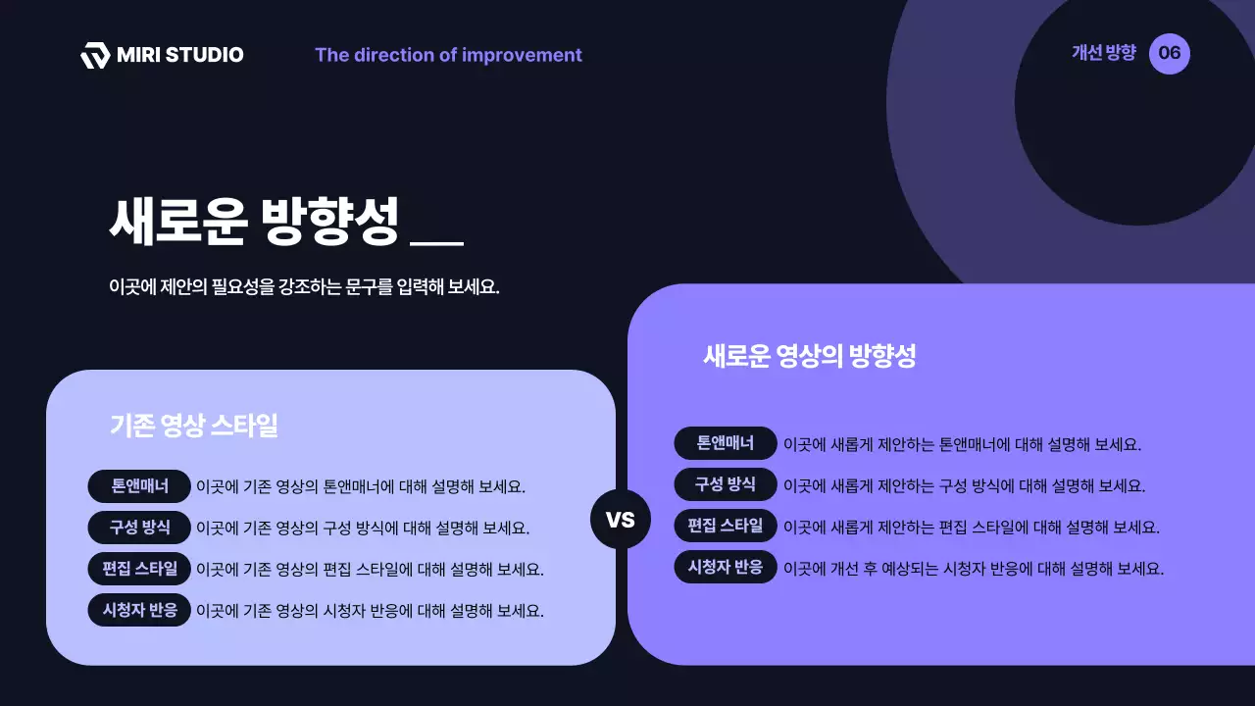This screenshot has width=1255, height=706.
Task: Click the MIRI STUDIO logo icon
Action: [95, 56]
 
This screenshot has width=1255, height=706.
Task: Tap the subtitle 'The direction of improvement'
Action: [448, 55]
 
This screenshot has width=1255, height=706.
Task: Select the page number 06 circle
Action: [1169, 53]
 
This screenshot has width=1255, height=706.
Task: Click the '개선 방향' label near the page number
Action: [1103, 53]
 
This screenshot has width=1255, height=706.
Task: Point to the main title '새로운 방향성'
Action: [254, 223]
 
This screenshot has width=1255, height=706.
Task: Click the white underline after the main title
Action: [436, 241]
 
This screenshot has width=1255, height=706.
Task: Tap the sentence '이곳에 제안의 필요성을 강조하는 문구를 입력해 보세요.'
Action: [304, 288]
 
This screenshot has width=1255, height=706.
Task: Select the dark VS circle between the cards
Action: [621, 519]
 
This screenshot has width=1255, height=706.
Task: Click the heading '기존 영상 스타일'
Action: [194, 426]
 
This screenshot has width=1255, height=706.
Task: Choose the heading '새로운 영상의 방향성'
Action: [809, 356]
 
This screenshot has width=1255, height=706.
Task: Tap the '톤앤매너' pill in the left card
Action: [139, 486]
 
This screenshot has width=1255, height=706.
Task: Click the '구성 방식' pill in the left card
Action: [139, 528]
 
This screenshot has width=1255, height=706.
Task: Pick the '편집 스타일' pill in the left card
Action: [139, 569]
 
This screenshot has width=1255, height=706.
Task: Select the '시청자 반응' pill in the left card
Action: [139, 610]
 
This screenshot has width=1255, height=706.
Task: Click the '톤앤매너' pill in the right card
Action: [726, 443]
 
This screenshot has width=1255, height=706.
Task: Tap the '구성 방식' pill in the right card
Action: [726, 484]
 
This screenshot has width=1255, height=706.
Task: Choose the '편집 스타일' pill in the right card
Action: [726, 526]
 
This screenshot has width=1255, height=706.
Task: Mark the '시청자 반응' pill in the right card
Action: [726, 568]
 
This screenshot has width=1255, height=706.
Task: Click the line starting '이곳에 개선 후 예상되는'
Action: [973, 569]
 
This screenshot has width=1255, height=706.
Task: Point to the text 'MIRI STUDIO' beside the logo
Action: [179, 55]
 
